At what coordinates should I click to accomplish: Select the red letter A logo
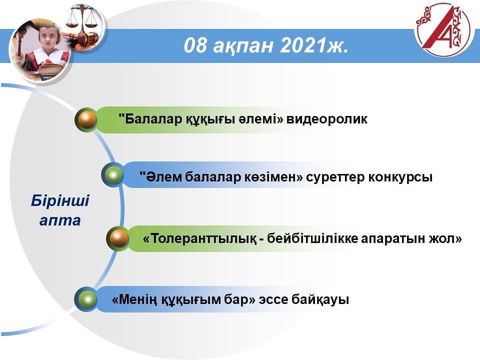coord(442,29)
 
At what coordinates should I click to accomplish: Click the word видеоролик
coord(326,119)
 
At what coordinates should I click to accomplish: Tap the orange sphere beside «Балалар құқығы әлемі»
coord(86,119)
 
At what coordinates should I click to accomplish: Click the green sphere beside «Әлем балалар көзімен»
coord(112,175)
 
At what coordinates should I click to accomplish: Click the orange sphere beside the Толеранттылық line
coord(118,238)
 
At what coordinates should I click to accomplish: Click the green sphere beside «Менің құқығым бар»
coord(86,299)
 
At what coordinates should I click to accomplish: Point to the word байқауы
coord(320,299)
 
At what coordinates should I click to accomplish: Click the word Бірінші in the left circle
coord(60,201)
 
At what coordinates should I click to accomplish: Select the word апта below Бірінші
coord(60,220)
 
